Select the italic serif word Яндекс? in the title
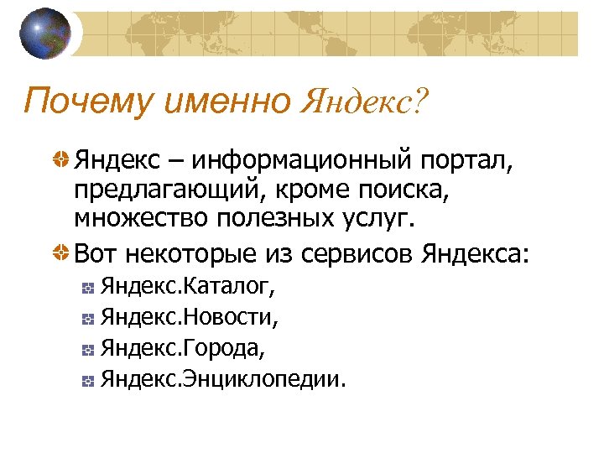(362, 102)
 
